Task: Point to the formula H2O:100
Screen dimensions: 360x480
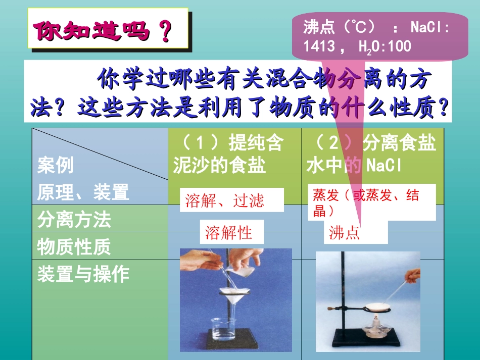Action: coord(385,47)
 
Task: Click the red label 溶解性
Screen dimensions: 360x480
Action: coord(228,233)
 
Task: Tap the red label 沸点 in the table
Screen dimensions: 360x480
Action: coord(345,233)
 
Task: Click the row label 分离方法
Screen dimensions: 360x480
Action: coord(74,220)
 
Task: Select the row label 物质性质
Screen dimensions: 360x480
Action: coord(74,247)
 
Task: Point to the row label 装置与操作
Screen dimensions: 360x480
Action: coord(83,274)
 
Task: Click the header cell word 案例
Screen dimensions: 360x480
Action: coord(55,165)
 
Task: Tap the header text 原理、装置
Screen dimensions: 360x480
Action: coord(83,192)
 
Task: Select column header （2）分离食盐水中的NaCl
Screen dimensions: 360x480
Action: coord(371,154)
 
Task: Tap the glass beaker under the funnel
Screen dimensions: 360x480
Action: coord(225,330)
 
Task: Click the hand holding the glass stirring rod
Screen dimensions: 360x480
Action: coord(413,275)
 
